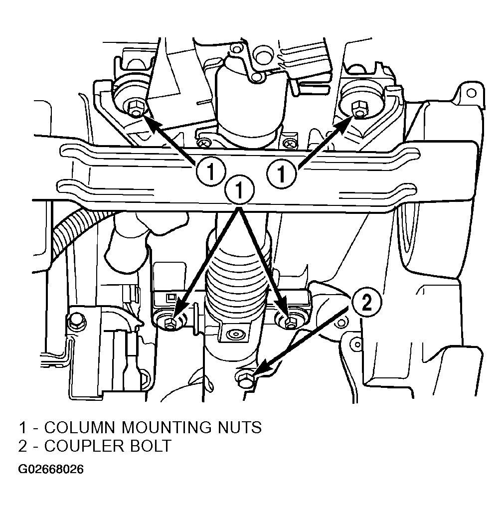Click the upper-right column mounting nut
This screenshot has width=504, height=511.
[359, 109]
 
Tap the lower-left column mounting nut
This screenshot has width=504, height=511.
[170, 323]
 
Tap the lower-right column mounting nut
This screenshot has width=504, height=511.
[290, 323]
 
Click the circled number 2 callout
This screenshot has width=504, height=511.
[366, 303]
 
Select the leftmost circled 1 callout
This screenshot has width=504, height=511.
[211, 171]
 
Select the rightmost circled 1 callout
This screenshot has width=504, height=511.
[282, 173]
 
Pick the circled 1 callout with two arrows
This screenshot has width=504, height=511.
[239, 189]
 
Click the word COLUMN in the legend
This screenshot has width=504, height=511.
[80, 427]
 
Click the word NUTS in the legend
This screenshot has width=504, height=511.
[239, 427]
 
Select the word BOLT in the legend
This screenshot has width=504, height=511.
[151, 446]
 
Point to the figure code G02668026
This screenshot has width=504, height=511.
[51, 469]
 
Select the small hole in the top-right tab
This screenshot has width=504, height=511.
[472, 93]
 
